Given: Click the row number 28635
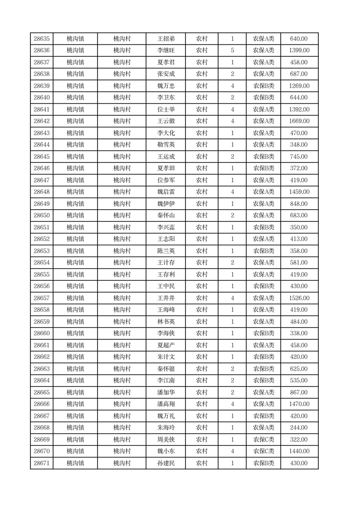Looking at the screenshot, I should tap(42, 39).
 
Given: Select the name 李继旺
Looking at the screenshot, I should tap(165, 51).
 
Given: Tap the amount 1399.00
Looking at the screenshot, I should tap(299, 51).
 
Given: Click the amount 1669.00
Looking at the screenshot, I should tap(299, 121).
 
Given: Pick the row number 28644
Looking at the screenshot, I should tap(42, 145).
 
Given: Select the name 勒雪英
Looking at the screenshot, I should tap(165, 145).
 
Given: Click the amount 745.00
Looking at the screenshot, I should tap(299, 157).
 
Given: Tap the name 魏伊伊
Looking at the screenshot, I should tap(165, 204).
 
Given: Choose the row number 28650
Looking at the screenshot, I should tap(42, 215).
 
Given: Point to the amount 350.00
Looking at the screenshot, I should tap(299, 227).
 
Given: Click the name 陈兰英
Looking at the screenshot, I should tap(165, 251).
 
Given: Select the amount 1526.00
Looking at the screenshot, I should tap(299, 298).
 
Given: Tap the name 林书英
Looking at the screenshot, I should tap(165, 322).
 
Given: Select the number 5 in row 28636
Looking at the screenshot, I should tap(233, 51).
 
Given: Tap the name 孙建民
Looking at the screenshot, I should tap(165, 463).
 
